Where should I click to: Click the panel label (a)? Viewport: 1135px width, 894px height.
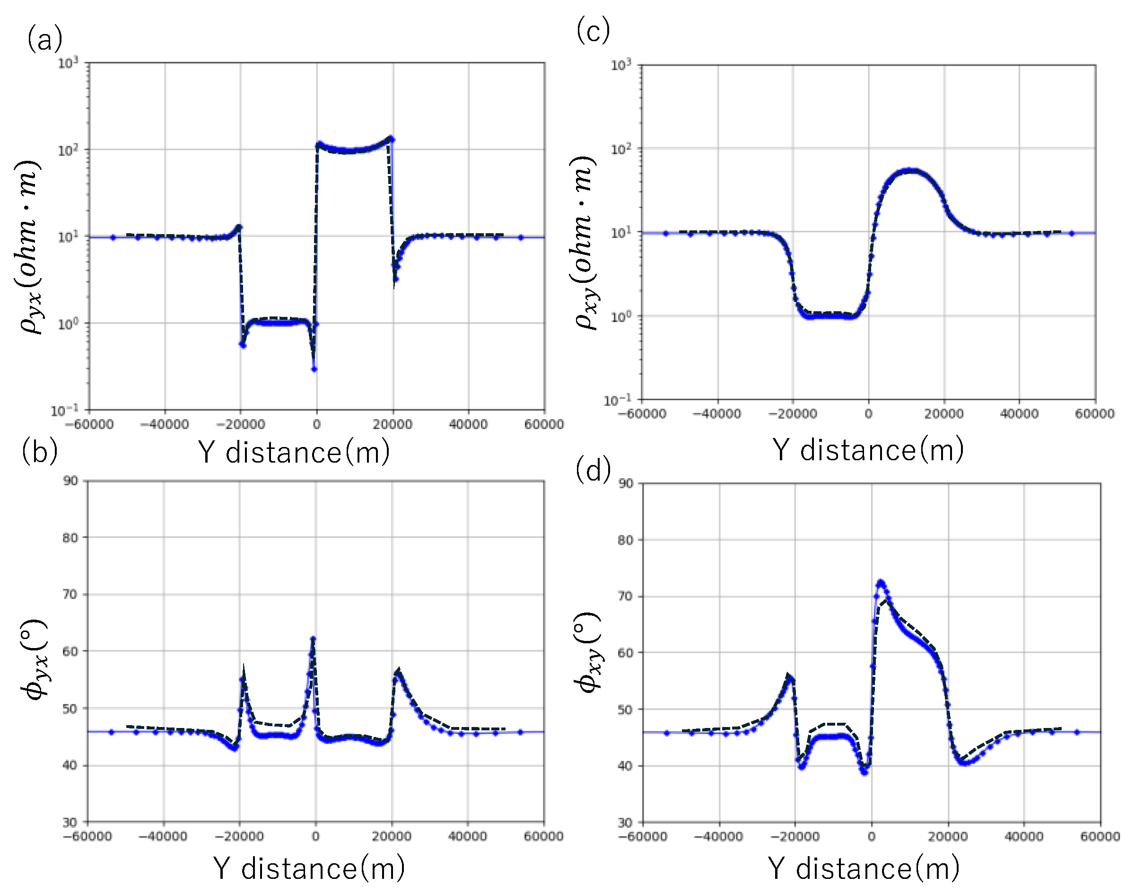[x=45, y=40]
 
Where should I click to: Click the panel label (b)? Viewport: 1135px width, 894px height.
[x=39, y=451]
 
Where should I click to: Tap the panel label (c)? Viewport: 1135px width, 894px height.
[x=593, y=30]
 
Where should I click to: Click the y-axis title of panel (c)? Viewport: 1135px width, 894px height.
[x=585, y=242]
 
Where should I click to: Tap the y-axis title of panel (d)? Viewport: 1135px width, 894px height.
[x=589, y=652]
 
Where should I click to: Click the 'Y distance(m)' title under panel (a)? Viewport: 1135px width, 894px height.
[x=294, y=452]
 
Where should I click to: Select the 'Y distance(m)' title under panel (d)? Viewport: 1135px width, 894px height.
[x=864, y=869]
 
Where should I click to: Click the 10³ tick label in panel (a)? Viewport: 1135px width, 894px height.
[x=68, y=63]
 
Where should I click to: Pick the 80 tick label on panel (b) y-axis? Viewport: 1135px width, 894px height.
[x=70, y=537]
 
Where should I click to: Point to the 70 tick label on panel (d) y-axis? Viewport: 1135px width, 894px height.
[x=625, y=596]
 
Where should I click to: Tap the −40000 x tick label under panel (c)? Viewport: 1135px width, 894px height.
[x=716, y=413]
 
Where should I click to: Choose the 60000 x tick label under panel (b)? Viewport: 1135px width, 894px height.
[x=543, y=836]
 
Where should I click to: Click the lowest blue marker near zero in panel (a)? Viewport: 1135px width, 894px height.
[x=314, y=369]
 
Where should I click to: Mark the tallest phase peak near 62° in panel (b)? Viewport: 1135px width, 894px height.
[x=313, y=639]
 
